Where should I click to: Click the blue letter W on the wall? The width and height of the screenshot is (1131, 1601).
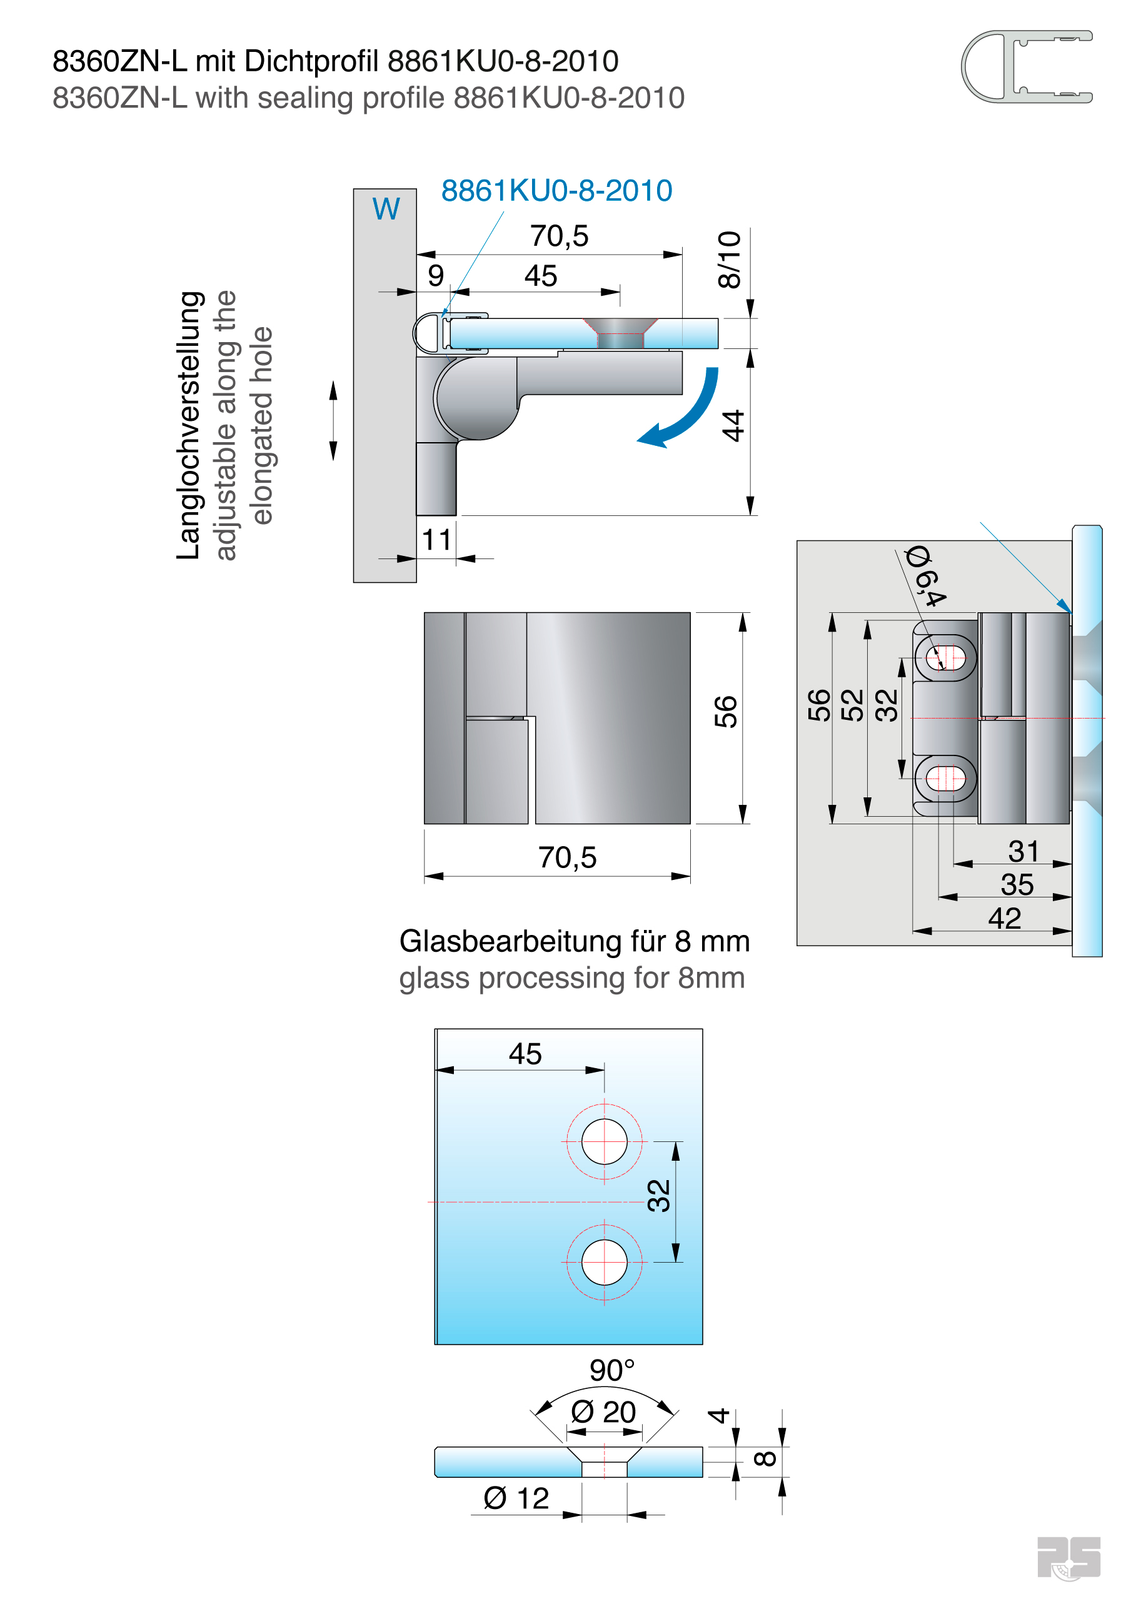coord(386,209)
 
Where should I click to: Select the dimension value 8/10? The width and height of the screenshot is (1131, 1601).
coord(730,260)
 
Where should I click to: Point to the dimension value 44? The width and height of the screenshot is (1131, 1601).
coord(733,425)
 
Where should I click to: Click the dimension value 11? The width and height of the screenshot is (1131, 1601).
coord(436,540)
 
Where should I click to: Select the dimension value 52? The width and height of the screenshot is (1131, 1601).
coord(852,705)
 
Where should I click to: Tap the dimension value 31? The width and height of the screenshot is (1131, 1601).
coord(1023,851)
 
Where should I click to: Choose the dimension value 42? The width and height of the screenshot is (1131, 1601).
coord(1004,918)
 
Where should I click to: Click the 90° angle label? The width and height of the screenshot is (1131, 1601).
coord(611,1370)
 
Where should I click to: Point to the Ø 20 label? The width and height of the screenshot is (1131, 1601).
coord(603,1412)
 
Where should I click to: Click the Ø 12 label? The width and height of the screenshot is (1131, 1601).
coord(516,1498)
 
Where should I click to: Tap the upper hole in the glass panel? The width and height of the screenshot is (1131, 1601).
coord(604,1141)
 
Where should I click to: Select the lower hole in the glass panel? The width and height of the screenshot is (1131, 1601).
coord(604,1262)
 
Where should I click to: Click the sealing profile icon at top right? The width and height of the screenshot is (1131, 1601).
coord(1026,67)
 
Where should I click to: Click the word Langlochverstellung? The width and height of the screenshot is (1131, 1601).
coord(189,425)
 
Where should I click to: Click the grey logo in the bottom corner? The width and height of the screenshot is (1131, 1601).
coord(1068,1557)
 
